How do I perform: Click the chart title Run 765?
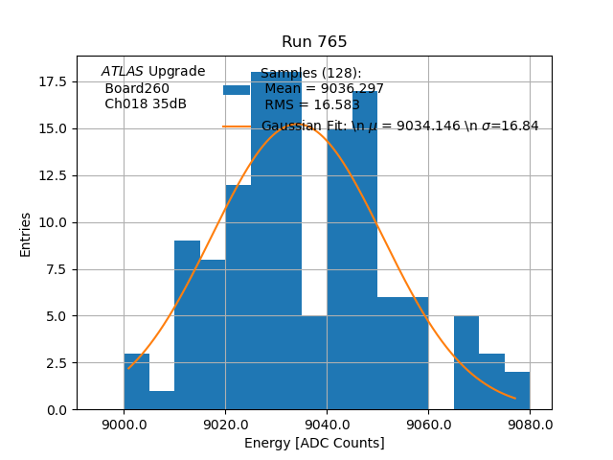tap(314, 42)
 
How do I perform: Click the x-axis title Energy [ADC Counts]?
tap(314, 443)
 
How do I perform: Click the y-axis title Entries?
tap(26, 234)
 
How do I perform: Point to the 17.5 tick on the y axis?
tap(52, 81)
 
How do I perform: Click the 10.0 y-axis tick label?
tap(52, 222)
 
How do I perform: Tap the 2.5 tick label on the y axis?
tap(56, 363)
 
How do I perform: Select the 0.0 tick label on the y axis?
tap(56, 410)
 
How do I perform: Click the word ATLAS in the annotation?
tap(123, 72)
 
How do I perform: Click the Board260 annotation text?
tap(137, 88)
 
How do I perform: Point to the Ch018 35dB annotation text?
tap(146, 104)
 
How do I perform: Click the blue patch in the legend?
tap(237, 90)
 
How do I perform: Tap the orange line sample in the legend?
tap(237, 126)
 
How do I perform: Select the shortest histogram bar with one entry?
tap(162, 400)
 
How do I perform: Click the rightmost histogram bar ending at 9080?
tap(517, 391)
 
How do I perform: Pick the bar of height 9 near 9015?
tap(187, 326)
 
